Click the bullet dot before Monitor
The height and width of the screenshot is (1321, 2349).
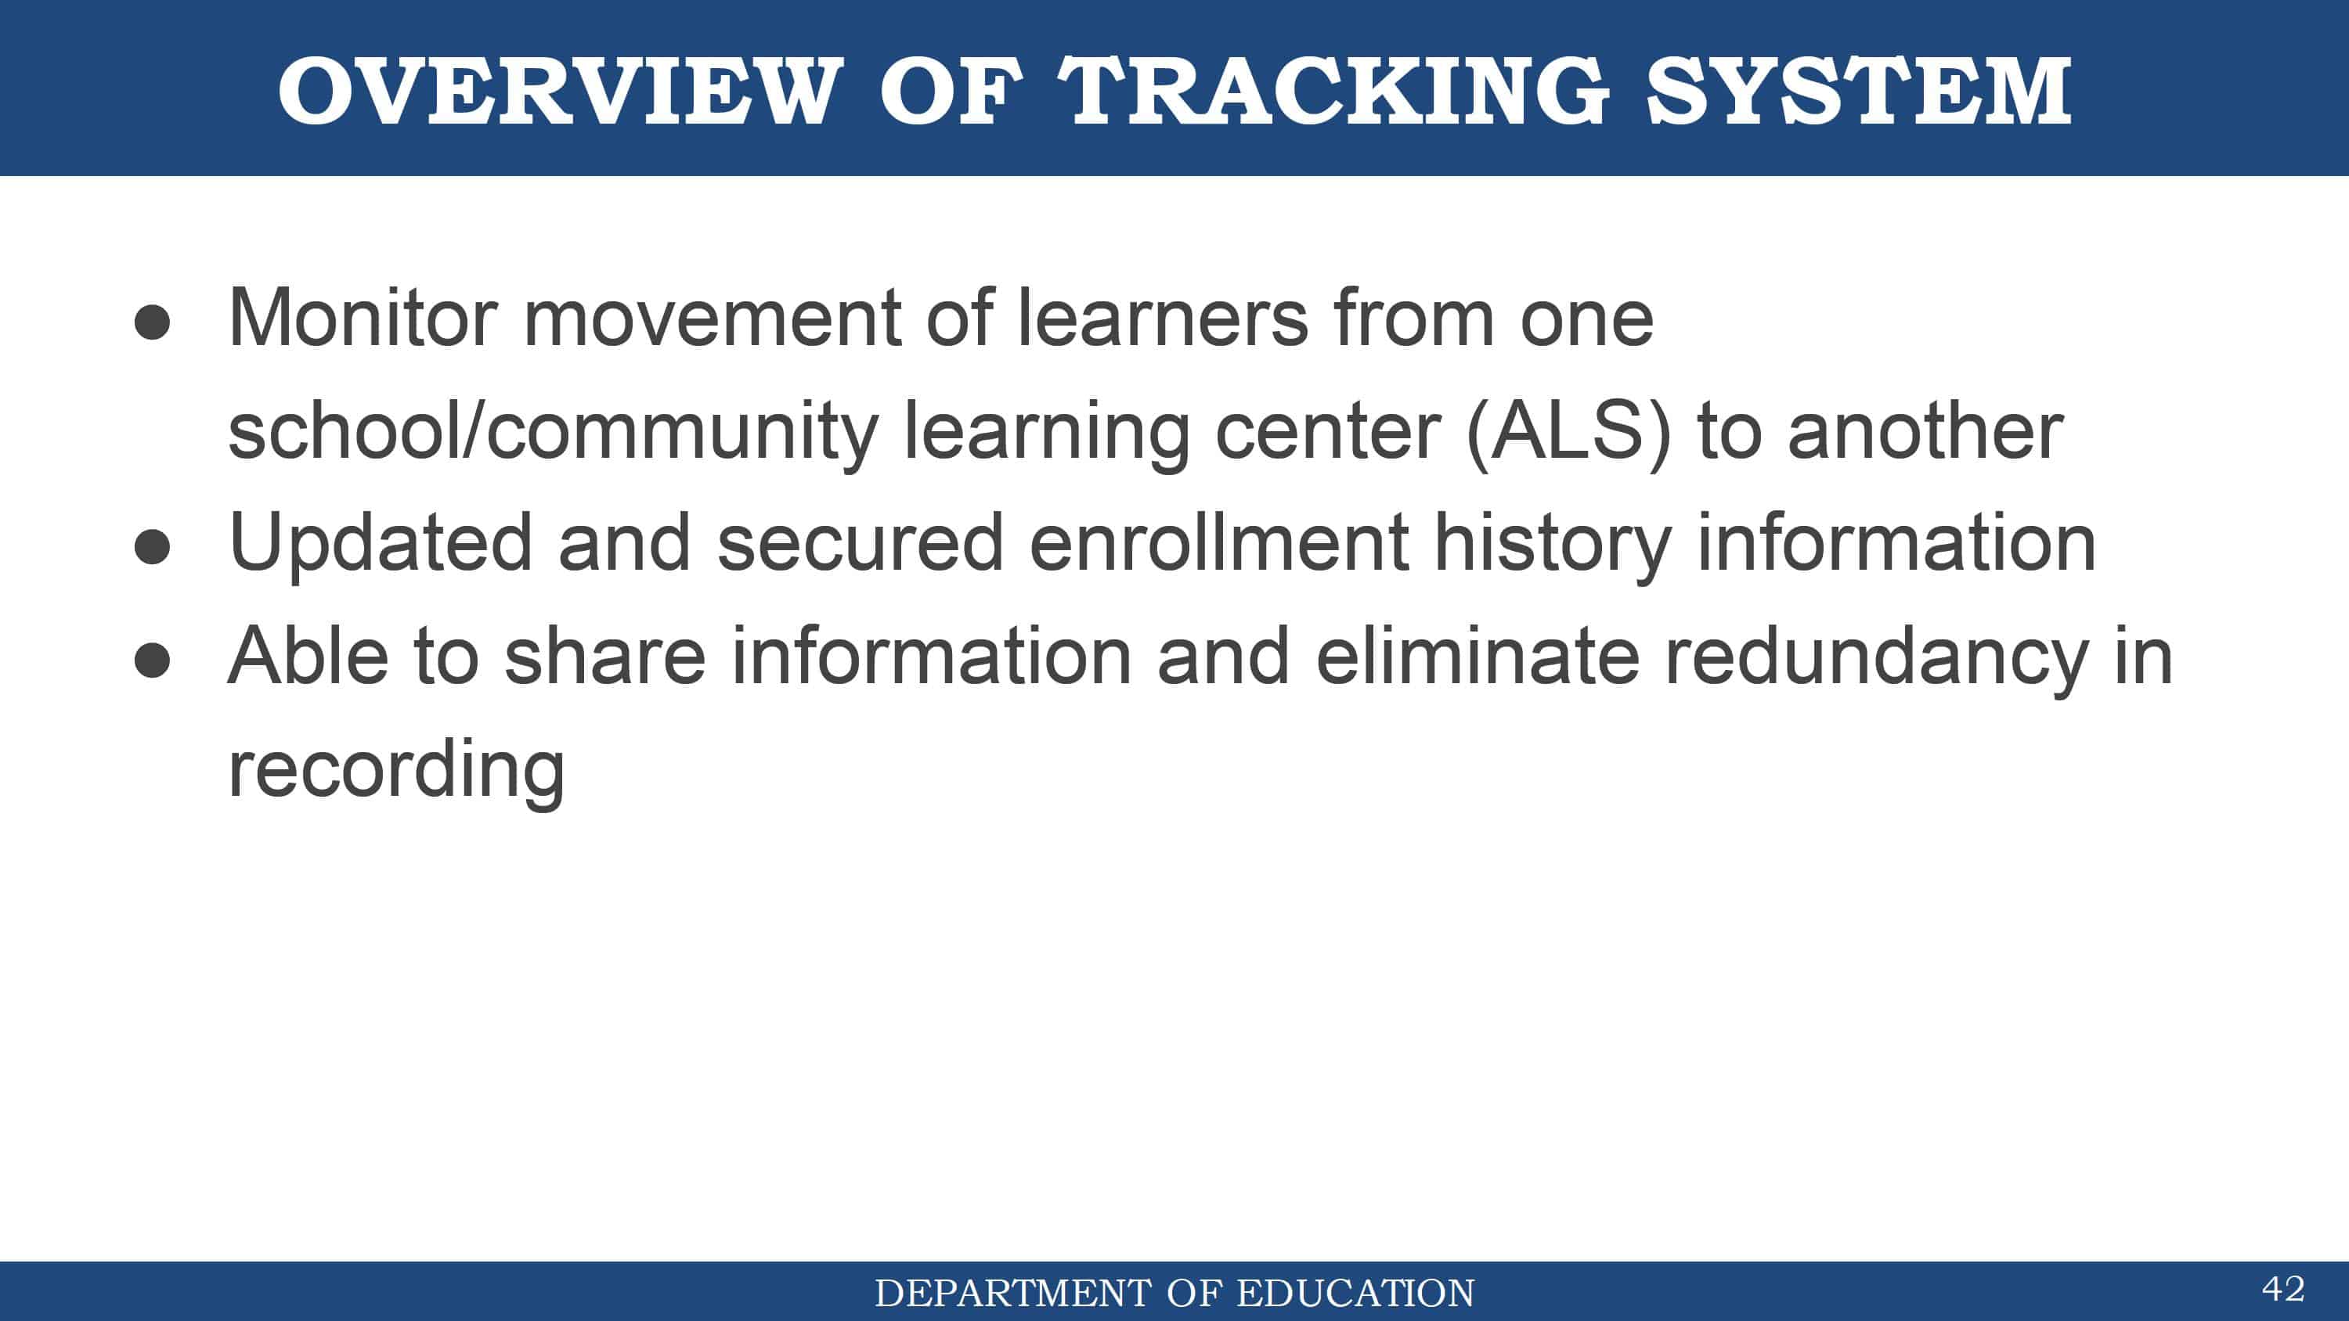151,322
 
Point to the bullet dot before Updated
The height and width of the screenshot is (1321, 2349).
151,547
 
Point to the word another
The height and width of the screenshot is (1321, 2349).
1926,430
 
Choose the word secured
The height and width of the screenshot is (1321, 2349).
861,543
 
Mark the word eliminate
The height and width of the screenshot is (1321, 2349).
1478,656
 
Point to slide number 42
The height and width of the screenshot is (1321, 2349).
2283,1289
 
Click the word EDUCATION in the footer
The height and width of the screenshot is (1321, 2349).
1355,1293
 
